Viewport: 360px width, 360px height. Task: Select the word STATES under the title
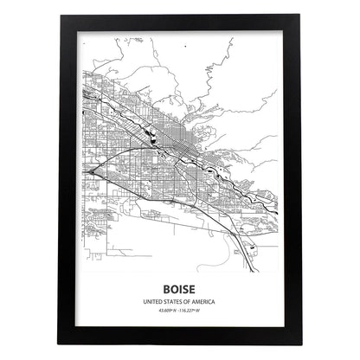pyautogui.click(x=173, y=300)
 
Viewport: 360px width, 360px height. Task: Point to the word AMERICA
pyautogui.click(x=205, y=300)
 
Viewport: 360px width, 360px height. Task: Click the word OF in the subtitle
pyautogui.click(x=188, y=300)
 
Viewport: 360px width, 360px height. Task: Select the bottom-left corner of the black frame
pyautogui.click(x=62, y=340)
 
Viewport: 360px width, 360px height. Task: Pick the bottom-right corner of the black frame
pyautogui.click(x=298, y=340)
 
